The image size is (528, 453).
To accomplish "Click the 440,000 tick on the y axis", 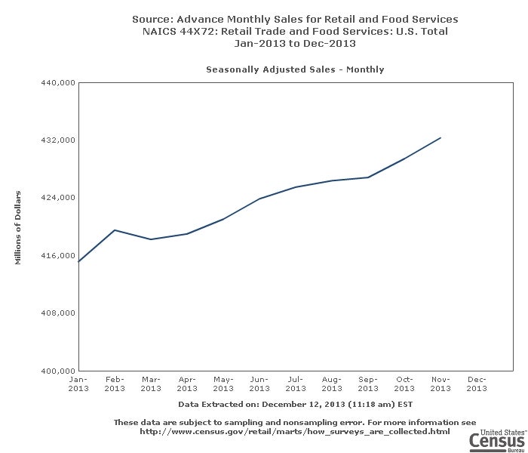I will coord(58,82).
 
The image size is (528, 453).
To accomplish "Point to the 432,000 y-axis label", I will coord(58,140).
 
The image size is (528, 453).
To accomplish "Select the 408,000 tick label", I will coord(58,313).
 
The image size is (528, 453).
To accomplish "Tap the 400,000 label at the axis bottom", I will coord(58,371).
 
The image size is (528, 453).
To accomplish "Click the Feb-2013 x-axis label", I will coord(115,384).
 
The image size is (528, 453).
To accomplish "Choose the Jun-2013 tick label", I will coord(259,384).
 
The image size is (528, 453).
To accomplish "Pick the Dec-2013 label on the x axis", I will coord(477,384).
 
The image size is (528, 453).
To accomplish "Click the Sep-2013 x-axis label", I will coord(368,384).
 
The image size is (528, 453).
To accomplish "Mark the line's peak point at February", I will coord(115,230).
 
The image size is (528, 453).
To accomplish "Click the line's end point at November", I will coord(441,137).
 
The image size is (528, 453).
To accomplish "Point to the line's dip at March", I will coord(151,239).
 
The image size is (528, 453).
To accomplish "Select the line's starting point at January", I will coord(78,261).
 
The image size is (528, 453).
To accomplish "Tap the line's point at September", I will coord(368,177).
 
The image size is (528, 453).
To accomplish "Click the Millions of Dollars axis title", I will coord(17,227).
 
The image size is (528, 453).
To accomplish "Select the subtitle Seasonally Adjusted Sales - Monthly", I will coord(295,69).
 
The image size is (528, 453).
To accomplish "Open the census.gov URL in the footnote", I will coord(295,432).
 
